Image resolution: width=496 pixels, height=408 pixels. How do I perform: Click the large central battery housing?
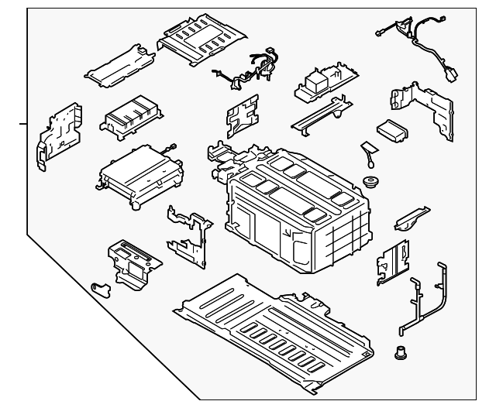coord(298,209)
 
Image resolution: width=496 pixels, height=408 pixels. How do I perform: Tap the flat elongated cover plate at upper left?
coord(120,66)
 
